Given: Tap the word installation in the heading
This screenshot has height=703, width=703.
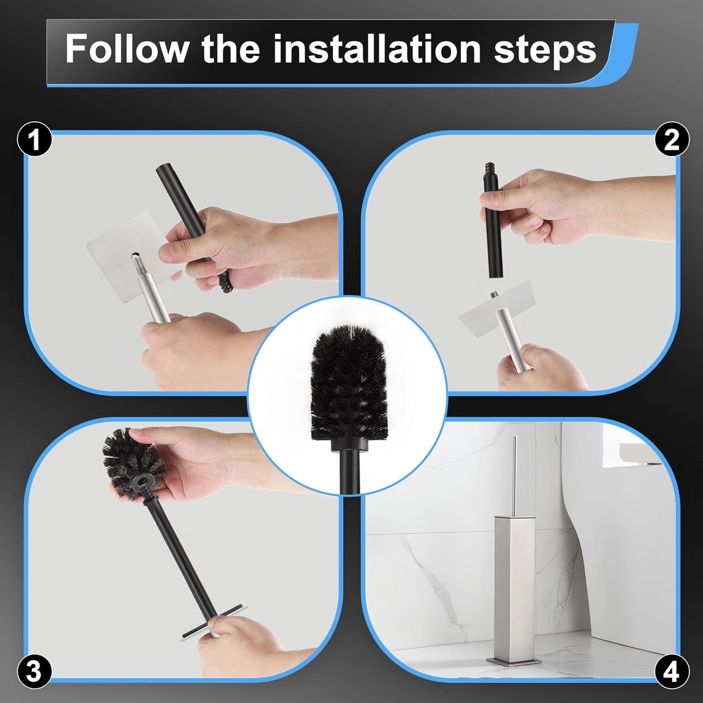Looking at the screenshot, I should point(377,49).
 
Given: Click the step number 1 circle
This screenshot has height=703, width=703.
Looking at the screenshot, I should point(34,140).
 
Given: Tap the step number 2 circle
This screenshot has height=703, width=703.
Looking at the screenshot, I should point(671,140).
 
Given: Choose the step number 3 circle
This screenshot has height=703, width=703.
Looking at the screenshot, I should point(34,671).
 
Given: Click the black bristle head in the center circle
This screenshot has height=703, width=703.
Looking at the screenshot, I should point(348,379).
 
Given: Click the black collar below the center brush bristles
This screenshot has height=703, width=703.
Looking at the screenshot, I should point(348,444).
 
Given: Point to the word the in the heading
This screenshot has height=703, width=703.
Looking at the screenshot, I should point(231,49).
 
